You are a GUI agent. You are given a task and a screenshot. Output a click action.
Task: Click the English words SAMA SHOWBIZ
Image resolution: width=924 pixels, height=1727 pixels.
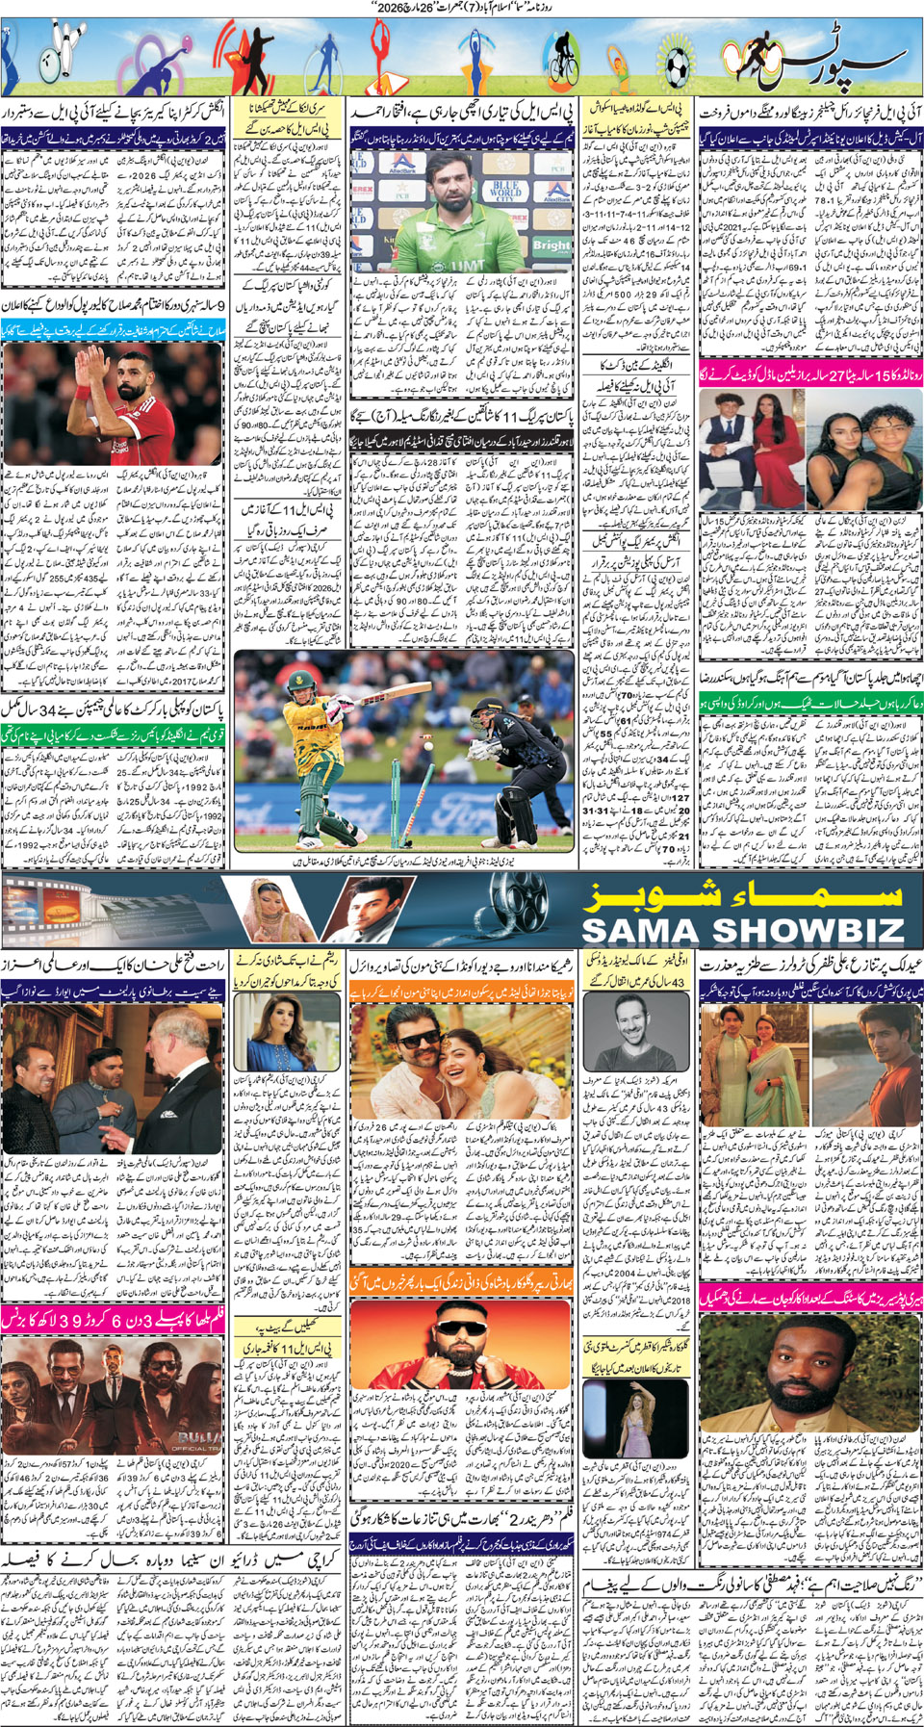click(743, 930)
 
